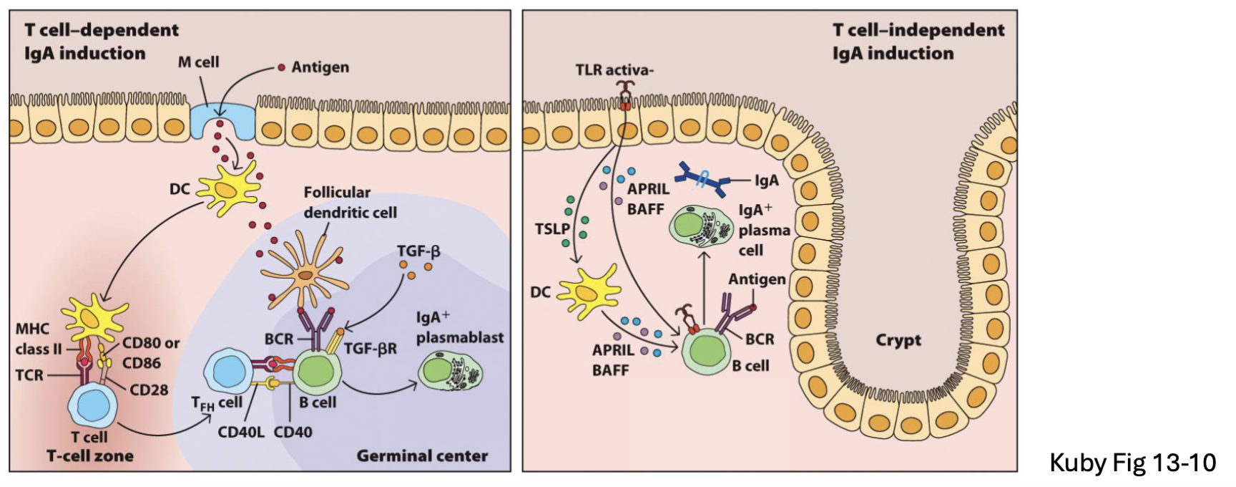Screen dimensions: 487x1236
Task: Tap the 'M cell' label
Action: tap(198, 62)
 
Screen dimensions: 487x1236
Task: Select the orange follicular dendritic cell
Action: tap(305, 275)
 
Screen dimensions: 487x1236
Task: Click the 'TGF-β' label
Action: tap(418, 251)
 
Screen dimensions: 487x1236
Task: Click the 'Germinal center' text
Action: tap(422, 455)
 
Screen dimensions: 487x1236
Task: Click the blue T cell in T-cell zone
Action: tap(92, 405)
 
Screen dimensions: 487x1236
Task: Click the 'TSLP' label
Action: tap(551, 229)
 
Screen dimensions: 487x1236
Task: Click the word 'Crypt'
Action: tap(898, 340)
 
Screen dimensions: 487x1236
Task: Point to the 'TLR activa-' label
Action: tap(614, 70)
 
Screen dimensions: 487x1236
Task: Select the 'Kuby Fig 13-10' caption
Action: tap(1132, 463)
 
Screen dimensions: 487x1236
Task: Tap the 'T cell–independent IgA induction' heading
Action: tap(918, 42)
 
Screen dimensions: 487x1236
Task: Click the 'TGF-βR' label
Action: tap(370, 348)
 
